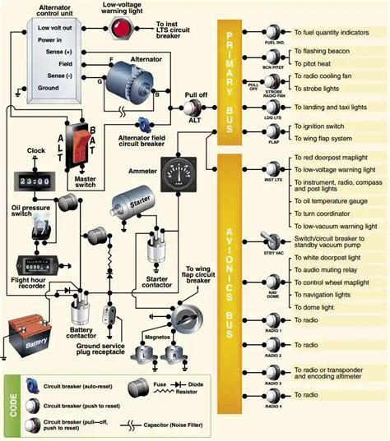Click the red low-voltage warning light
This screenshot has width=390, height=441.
click(122, 27)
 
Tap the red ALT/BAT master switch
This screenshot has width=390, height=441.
click(81, 140)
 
